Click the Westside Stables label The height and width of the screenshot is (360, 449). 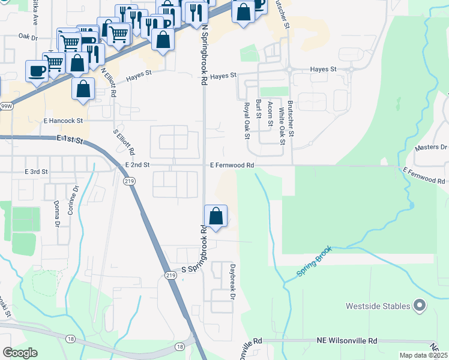click(378, 306)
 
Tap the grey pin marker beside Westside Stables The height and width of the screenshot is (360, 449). click(420, 306)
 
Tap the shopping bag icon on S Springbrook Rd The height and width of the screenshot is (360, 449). click(215, 216)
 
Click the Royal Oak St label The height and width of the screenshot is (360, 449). click(246, 120)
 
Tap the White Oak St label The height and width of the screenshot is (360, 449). click(280, 127)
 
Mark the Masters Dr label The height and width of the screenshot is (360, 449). click(432, 147)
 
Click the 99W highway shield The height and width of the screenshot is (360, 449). click(6, 106)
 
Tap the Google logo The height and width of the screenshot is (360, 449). click(20, 352)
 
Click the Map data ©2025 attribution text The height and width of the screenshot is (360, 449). click(423, 355)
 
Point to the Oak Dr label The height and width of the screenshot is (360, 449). click(28, 37)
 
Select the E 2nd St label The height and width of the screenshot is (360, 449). click(137, 164)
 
